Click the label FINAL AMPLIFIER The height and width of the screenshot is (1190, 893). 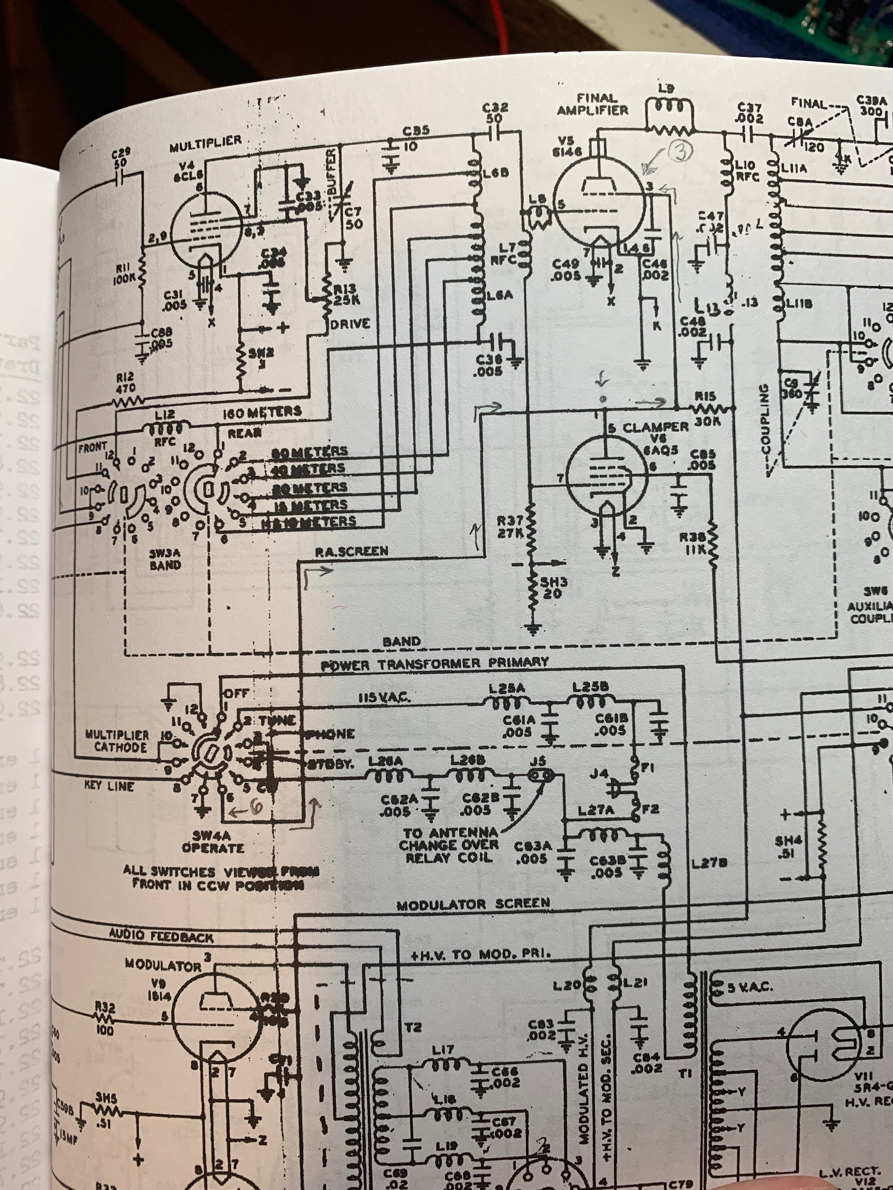click(x=593, y=104)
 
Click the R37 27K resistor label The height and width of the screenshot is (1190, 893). click(x=510, y=527)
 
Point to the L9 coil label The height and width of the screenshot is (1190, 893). click(x=667, y=89)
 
